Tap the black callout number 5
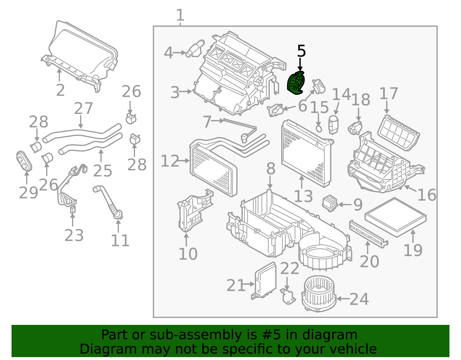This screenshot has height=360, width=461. pyautogui.click(x=301, y=51)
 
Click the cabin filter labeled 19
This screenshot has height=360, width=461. pyautogui.click(x=395, y=217)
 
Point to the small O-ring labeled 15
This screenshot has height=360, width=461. pyautogui.click(x=319, y=128)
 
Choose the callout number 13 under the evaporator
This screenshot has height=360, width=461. pyautogui.click(x=303, y=197)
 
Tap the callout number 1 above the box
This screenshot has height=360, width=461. pyautogui.click(x=180, y=15)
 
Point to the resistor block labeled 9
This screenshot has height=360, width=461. pyautogui.click(x=330, y=203)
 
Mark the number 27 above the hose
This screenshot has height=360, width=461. pyautogui.click(x=84, y=109)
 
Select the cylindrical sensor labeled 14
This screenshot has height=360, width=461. pyautogui.click(x=334, y=125)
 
